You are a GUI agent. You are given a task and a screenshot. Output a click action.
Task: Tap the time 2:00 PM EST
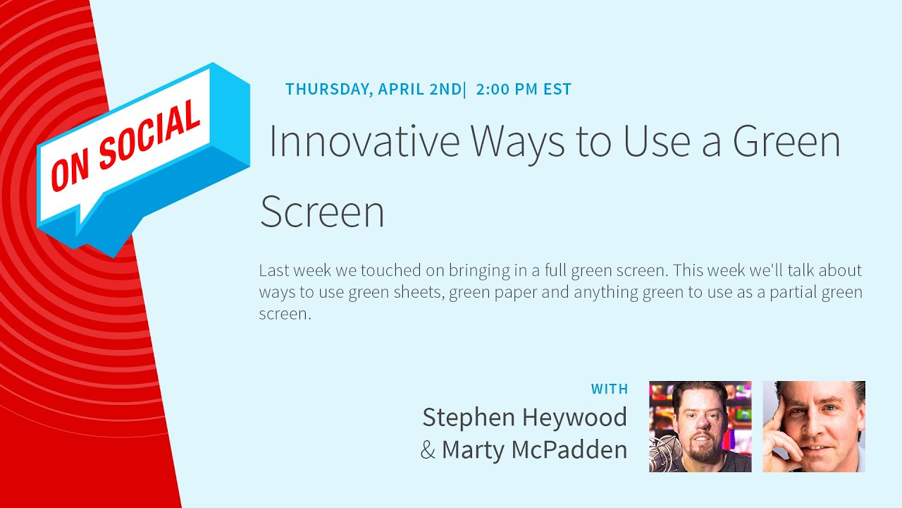click(524, 90)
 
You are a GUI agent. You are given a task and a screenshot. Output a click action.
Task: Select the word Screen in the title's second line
click(322, 212)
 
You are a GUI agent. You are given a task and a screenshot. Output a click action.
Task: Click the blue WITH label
click(610, 389)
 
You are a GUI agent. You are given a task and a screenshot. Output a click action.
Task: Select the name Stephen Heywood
click(524, 418)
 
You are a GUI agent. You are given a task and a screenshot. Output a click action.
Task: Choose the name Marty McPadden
click(534, 449)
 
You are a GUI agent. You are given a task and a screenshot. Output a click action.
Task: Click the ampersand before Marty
click(428, 450)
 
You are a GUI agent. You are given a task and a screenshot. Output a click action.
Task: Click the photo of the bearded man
click(700, 426)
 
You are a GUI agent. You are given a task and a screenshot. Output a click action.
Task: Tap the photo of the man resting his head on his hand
click(814, 426)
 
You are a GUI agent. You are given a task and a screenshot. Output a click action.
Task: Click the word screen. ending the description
click(285, 314)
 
